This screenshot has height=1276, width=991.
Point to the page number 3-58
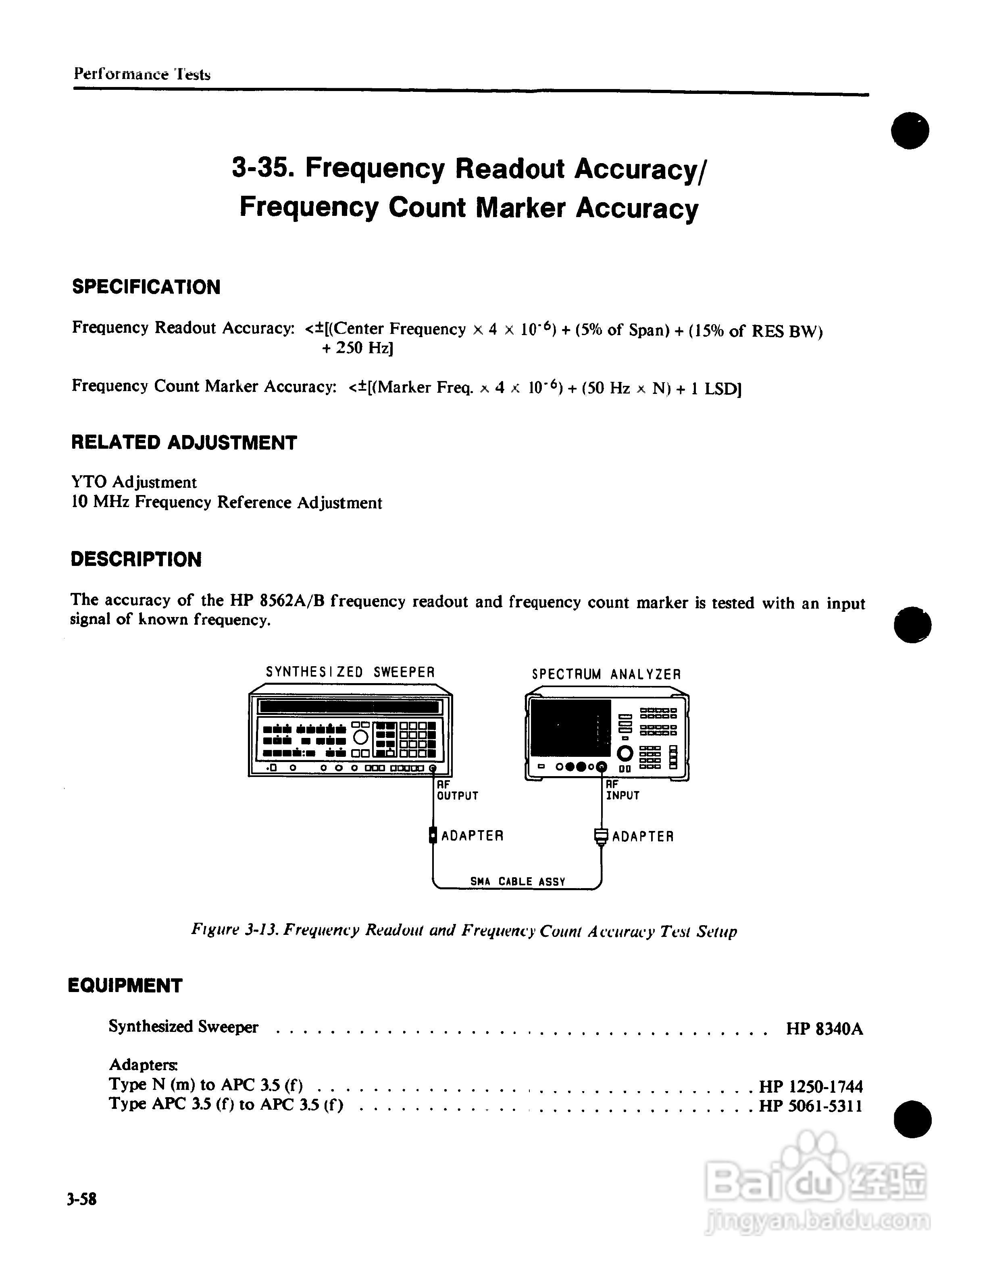[x=82, y=1199]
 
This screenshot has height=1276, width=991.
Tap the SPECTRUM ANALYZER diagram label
[x=606, y=674]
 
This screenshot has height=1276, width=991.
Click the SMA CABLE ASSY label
[x=517, y=882]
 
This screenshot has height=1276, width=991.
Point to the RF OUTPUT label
[x=457, y=791]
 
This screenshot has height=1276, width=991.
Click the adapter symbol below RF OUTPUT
[x=433, y=835]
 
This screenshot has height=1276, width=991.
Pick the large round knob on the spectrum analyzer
[x=625, y=753]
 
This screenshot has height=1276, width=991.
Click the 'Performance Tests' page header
[x=142, y=74]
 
